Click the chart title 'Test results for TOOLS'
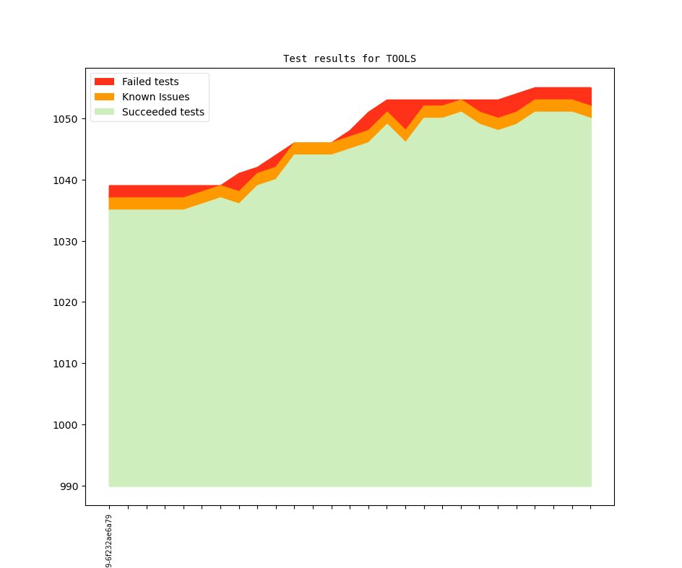(x=349, y=58)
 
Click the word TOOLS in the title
(x=401, y=58)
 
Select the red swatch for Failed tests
(x=105, y=82)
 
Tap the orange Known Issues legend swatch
(x=105, y=97)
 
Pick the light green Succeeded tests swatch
(x=105, y=112)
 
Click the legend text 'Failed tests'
(x=150, y=82)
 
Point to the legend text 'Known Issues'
(x=155, y=97)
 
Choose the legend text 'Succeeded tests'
(x=163, y=112)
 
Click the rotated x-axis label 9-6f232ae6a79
(x=109, y=541)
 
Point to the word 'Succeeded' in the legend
(x=147, y=112)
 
